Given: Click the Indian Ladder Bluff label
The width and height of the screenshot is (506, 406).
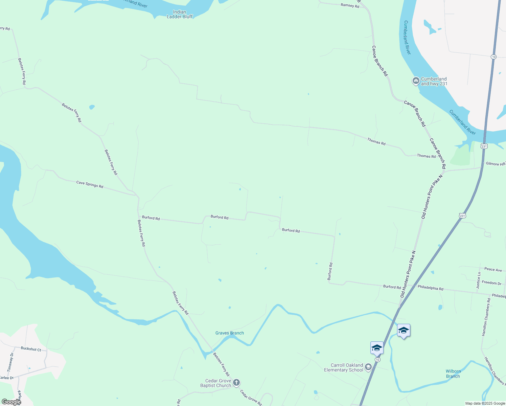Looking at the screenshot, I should [x=180, y=14].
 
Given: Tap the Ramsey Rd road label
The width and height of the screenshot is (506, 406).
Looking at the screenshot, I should [x=350, y=5].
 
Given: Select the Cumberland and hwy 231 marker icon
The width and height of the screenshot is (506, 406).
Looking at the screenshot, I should [x=416, y=81].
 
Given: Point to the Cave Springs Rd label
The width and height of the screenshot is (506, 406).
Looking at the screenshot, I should [x=90, y=184].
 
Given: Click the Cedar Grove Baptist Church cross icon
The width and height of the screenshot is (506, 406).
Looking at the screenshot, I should [x=236, y=383].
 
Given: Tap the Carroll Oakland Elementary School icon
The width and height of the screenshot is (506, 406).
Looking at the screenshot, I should [x=368, y=367].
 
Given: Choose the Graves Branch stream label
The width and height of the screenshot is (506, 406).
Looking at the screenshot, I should [x=229, y=333].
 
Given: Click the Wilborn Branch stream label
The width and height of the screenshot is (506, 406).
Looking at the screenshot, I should [x=453, y=374].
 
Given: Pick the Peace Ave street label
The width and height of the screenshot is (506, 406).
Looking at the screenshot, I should [x=493, y=269].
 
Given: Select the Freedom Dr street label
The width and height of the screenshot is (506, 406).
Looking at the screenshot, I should [x=491, y=283].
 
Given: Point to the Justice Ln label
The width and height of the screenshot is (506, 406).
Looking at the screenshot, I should [x=478, y=280].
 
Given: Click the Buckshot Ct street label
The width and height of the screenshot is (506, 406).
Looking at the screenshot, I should [x=31, y=349].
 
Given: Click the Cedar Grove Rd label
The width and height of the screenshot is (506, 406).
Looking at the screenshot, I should [x=251, y=398].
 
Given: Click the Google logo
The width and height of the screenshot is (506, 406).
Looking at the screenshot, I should [x=11, y=402].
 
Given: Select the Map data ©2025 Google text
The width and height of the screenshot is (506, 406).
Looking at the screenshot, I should [x=485, y=403].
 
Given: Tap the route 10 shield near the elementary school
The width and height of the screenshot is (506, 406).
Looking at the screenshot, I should [x=377, y=359].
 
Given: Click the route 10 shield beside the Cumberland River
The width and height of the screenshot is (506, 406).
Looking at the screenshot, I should [x=494, y=57].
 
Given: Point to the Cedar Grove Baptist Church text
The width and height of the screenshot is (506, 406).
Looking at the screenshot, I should [x=215, y=383].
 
